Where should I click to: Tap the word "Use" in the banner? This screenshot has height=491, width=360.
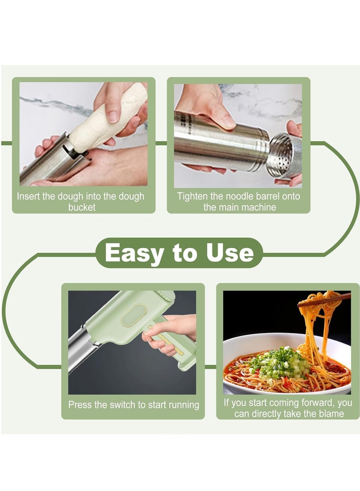[x=229, y=253]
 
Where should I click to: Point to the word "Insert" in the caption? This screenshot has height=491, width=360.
[x=29, y=196]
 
